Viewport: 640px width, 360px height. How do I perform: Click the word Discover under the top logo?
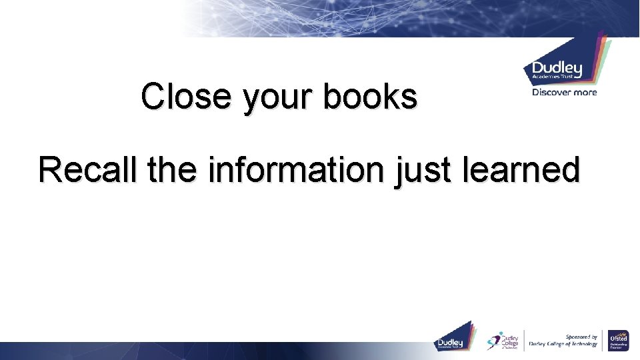[x=551, y=93]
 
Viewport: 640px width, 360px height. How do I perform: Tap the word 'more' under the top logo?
[x=585, y=93]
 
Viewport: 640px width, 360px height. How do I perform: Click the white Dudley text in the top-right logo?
[x=557, y=69]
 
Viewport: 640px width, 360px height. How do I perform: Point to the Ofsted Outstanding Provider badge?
[x=618, y=340]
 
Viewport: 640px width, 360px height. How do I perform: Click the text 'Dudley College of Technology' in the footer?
[x=563, y=345]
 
